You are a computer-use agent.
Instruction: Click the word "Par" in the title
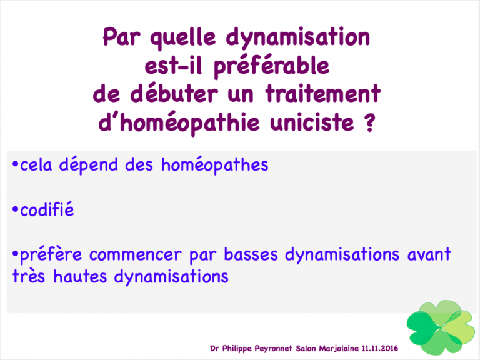[x=121, y=37]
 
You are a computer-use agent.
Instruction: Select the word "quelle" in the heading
[x=183, y=39]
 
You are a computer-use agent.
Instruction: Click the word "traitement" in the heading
[x=323, y=93]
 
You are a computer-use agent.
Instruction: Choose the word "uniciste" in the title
[x=312, y=122]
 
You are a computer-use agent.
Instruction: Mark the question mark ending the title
[x=370, y=122]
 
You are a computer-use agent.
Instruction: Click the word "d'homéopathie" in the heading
[x=179, y=122]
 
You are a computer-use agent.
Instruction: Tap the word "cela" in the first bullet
[x=36, y=165]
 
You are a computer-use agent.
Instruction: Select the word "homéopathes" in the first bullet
[x=214, y=165]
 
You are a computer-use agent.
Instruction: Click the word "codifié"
[x=47, y=209]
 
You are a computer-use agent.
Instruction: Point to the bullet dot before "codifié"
[x=15, y=210]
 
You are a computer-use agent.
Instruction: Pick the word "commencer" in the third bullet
[x=135, y=255]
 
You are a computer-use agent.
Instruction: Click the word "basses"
[x=251, y=254]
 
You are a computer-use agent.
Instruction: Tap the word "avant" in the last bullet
[x=429, y=255]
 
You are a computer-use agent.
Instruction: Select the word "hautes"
[x=80, y=276]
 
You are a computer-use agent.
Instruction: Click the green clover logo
[x=441, y=327]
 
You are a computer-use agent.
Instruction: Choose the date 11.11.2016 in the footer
[x=380, y=348]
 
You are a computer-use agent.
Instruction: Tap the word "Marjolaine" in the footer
[x=339, y=348]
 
